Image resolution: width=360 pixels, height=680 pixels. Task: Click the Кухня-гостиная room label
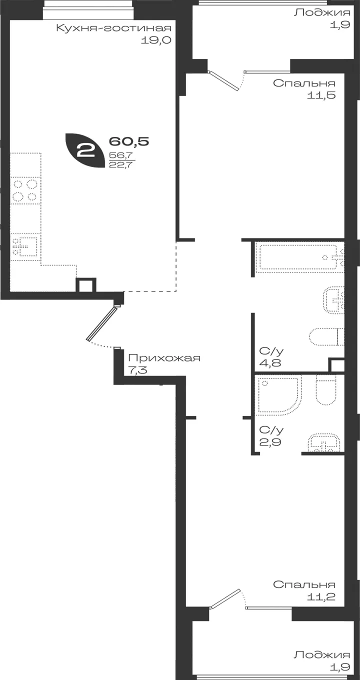click(114, 28)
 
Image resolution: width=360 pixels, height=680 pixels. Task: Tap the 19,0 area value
click(156, 40)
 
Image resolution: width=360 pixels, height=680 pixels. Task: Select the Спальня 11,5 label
click(304, 89)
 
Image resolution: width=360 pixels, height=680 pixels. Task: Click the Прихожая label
click(164, 358)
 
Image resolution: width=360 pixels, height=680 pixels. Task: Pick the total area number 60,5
click(129, 141)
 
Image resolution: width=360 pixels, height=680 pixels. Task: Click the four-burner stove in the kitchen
click(25, 190)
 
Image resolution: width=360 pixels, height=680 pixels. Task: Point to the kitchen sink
click(25, 247)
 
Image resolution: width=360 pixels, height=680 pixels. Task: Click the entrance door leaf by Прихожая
click(101, 323)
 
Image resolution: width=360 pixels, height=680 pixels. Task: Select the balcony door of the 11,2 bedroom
click(225, 599)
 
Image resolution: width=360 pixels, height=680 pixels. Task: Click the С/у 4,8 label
click(271, 357)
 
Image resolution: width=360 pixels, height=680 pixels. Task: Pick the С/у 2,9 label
click(271, 435)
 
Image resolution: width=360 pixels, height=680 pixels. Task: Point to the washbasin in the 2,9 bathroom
click(324, 443)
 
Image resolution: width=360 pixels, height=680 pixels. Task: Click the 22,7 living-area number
click(121, 165)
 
